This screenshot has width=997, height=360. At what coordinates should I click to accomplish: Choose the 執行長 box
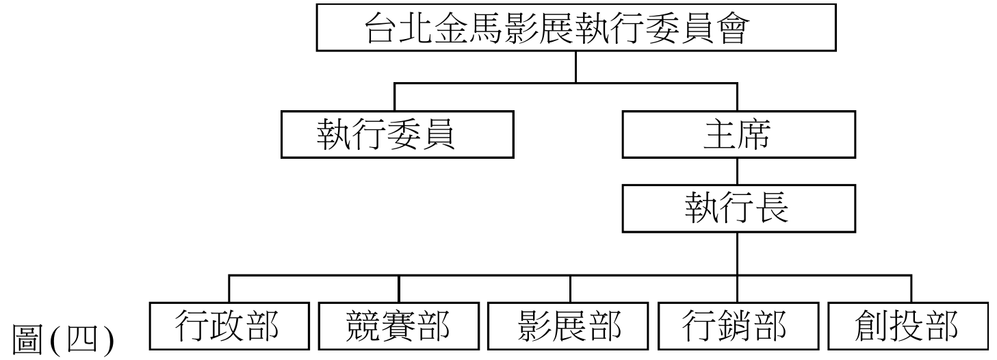coord(737,210)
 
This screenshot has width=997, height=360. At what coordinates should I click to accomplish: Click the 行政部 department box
coord(229,326)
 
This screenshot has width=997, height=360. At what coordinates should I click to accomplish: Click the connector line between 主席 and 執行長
coord(737,174)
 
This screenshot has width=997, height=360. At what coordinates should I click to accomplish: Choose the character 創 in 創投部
coord(875,326)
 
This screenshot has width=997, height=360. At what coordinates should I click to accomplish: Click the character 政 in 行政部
coord(229,326)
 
